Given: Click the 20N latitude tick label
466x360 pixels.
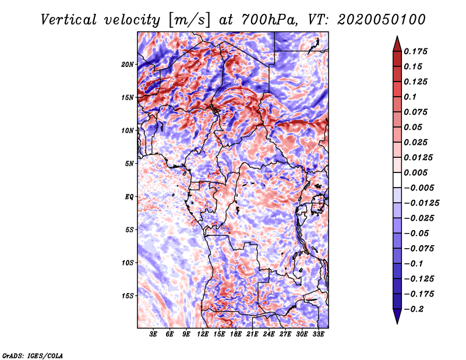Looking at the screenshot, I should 128,64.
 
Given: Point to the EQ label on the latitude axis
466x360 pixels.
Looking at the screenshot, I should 129,197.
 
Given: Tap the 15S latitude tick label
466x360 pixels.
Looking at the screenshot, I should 128,296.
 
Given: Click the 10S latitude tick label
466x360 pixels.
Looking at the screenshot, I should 128,263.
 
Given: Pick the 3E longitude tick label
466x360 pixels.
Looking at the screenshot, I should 154,334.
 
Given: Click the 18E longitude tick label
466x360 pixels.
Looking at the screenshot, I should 236,334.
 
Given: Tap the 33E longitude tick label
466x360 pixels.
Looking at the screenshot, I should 318,334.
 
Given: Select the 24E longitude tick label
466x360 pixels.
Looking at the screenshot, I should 269,334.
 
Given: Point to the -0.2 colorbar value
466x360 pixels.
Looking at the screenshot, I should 415,309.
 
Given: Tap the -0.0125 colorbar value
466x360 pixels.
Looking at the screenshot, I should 422,203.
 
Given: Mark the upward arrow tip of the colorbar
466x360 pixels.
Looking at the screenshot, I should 396,38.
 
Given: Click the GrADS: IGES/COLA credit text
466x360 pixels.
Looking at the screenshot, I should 33,355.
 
